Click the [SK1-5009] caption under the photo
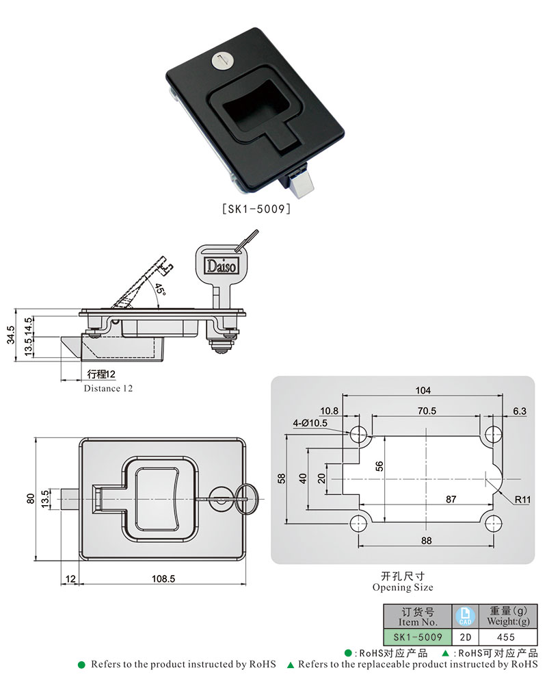tap(256, 209)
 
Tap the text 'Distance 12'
tap(108, 388)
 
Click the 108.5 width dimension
tap(163, 578)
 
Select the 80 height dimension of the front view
tap(29, 498)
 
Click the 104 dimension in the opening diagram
tap(423, 390)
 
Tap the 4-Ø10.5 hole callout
tap(310, 422)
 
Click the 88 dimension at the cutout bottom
tap(425, 540)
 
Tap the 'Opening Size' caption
tap(402, 587)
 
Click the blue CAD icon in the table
tap(465, 615)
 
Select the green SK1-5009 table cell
tap(417, 637)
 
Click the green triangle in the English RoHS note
tap(291, 664)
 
